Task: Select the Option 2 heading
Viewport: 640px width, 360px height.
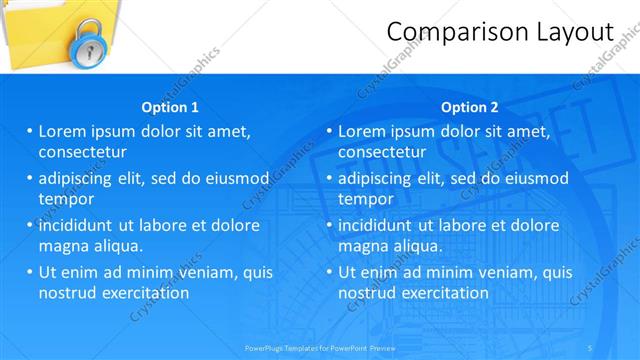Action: click(469, 107)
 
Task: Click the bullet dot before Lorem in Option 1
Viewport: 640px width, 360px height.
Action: click(30, 131)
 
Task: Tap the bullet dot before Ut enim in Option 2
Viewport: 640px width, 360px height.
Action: click(330, 272)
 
